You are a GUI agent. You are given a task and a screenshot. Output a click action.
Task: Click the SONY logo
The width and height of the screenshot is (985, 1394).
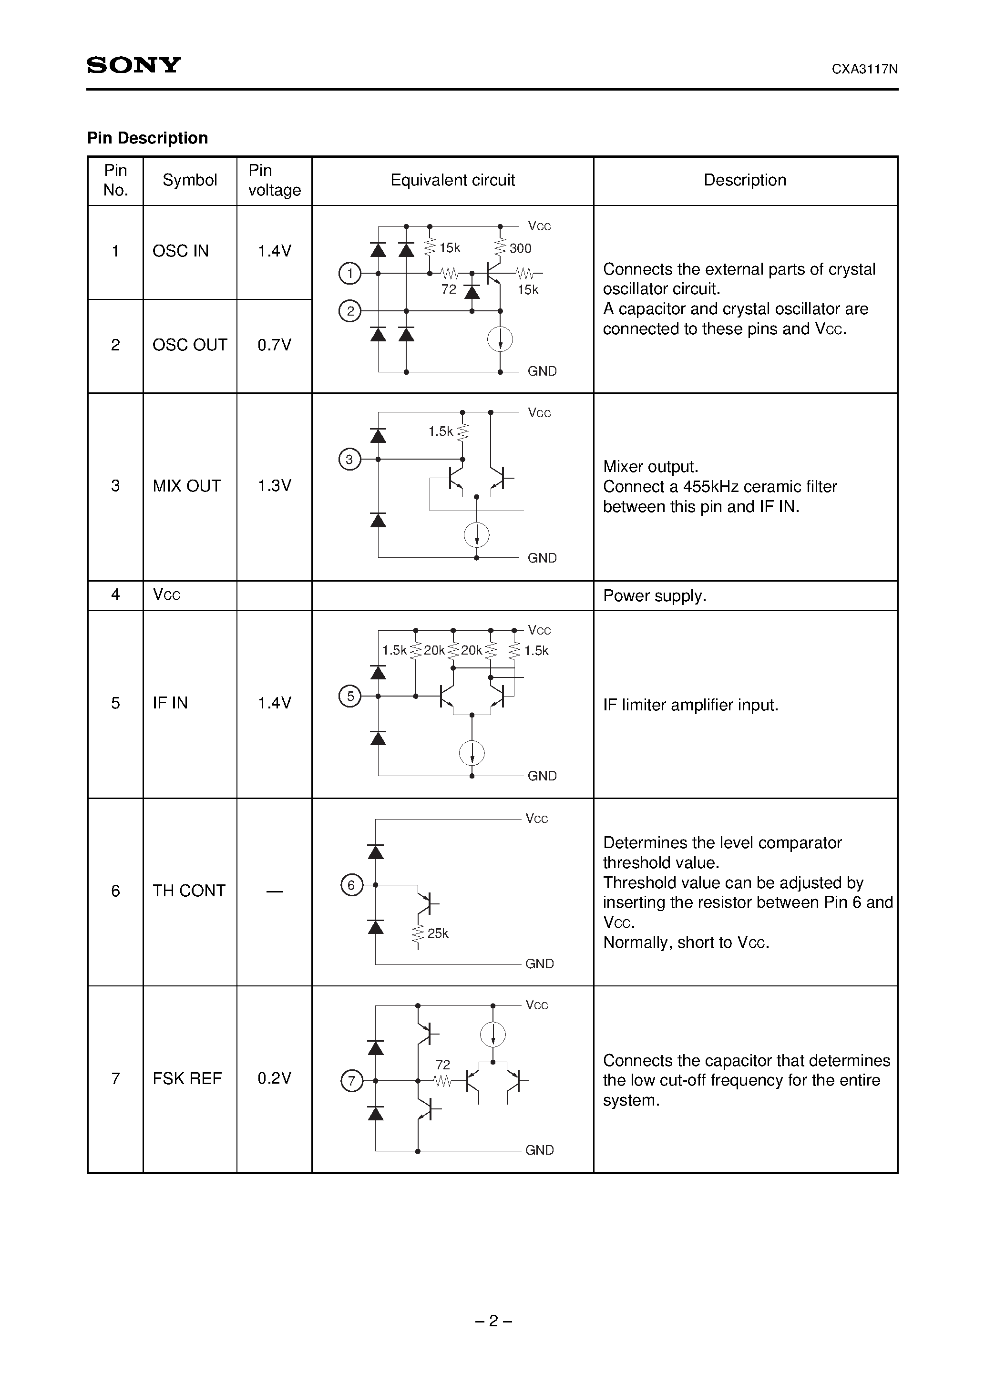(x=133, y=65)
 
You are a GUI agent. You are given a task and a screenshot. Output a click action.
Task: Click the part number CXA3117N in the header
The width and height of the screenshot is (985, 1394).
(x=864, y=69)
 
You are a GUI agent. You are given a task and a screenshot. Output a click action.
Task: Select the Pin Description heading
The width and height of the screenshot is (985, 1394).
(x=148, y=138)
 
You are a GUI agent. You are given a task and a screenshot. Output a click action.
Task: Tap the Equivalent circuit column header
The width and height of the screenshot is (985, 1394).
(x=452, y=180)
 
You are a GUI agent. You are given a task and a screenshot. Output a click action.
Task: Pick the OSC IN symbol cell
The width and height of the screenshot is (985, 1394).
(x=180, y=251)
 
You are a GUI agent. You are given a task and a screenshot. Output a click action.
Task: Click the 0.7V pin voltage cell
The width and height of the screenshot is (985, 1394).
(x=275, y=345)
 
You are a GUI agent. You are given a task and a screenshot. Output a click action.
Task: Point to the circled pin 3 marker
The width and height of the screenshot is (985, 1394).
(x=349, y=459)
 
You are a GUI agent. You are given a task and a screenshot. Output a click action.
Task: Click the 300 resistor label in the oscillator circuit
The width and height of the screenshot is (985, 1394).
(x=521, y=248)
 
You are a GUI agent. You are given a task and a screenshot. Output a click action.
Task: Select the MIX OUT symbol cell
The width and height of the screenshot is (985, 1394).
(x=186, y=486)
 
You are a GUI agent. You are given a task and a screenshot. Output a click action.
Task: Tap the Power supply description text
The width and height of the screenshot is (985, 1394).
(x=655, y=595)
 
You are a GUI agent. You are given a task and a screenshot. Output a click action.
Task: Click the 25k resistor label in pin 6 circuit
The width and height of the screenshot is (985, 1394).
(x=438, y=933)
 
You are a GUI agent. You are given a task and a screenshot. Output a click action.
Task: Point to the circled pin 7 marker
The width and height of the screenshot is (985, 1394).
(x=351, y=1081)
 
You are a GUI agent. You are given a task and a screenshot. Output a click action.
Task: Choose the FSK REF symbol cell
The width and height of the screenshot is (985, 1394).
(x=187, y=1078)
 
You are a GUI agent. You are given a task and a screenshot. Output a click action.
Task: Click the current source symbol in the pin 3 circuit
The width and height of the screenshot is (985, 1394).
(x=477, y=535)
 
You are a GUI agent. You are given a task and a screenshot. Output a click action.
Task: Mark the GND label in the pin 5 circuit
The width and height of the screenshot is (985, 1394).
(x=542, y=776)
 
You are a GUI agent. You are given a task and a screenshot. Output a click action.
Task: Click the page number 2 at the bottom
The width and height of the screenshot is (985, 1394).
(x=493, y=1321)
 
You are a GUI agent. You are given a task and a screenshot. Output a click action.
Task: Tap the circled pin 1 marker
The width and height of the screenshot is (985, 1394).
(x=349, y=274)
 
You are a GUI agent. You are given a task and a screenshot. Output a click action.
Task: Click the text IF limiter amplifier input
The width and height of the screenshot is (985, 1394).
(x=690, y=705)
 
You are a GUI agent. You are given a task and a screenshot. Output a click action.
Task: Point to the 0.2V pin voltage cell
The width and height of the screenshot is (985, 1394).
(x=275, y=1078)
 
